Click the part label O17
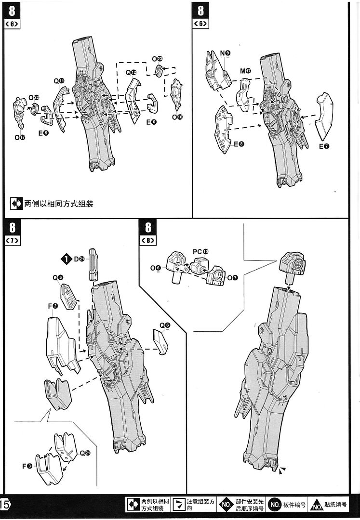[19, 137]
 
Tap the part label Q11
[59, 81]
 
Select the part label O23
[157, 59]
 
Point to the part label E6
[151, 122]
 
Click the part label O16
[177, 117]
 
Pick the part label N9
[225, 52]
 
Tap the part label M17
[245, 71]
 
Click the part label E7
[323, 146]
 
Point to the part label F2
[53, 306]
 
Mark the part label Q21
[85, 453]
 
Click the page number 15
[5, 504]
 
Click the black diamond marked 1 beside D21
[66, 259]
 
